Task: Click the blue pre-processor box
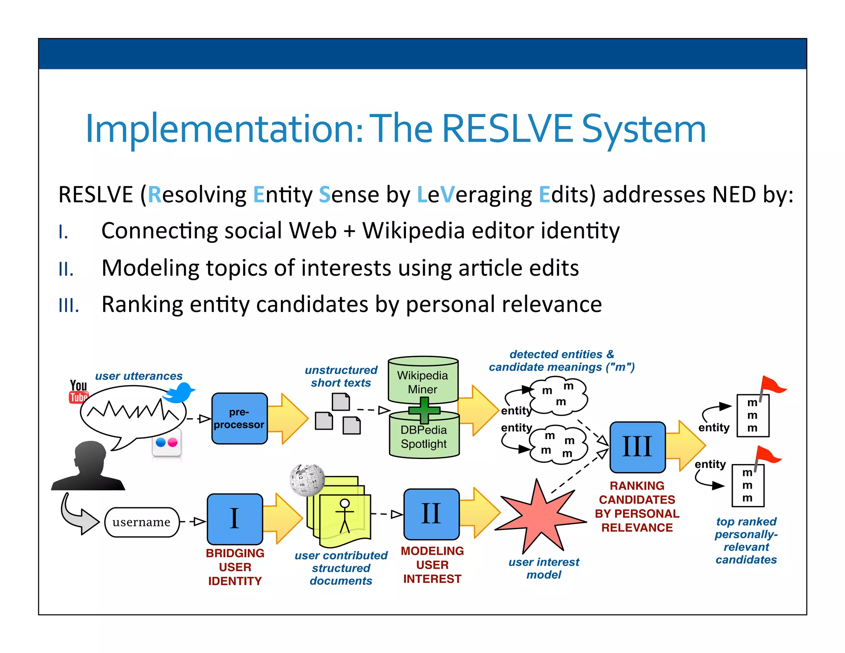click(x=239, y=418)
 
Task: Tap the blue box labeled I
click(x=234, y=518)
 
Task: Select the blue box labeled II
click(x=431, y=514)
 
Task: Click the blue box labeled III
click(x=637, y=447)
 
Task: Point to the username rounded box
click(x=142, y=522)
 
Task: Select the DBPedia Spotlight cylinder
click(x=424, y=438)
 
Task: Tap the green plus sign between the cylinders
click(x=424, y=410)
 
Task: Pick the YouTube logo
click(x=78, y=391)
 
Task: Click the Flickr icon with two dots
click(x=167, y=443)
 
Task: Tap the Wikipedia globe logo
click(x=307, y=480)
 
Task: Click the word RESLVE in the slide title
click(x=507, y=129)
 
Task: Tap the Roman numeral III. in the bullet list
click(x=68, y=306)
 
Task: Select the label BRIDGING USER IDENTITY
click(x=235, y=567)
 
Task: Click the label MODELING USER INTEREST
click(x=432, y=565)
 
